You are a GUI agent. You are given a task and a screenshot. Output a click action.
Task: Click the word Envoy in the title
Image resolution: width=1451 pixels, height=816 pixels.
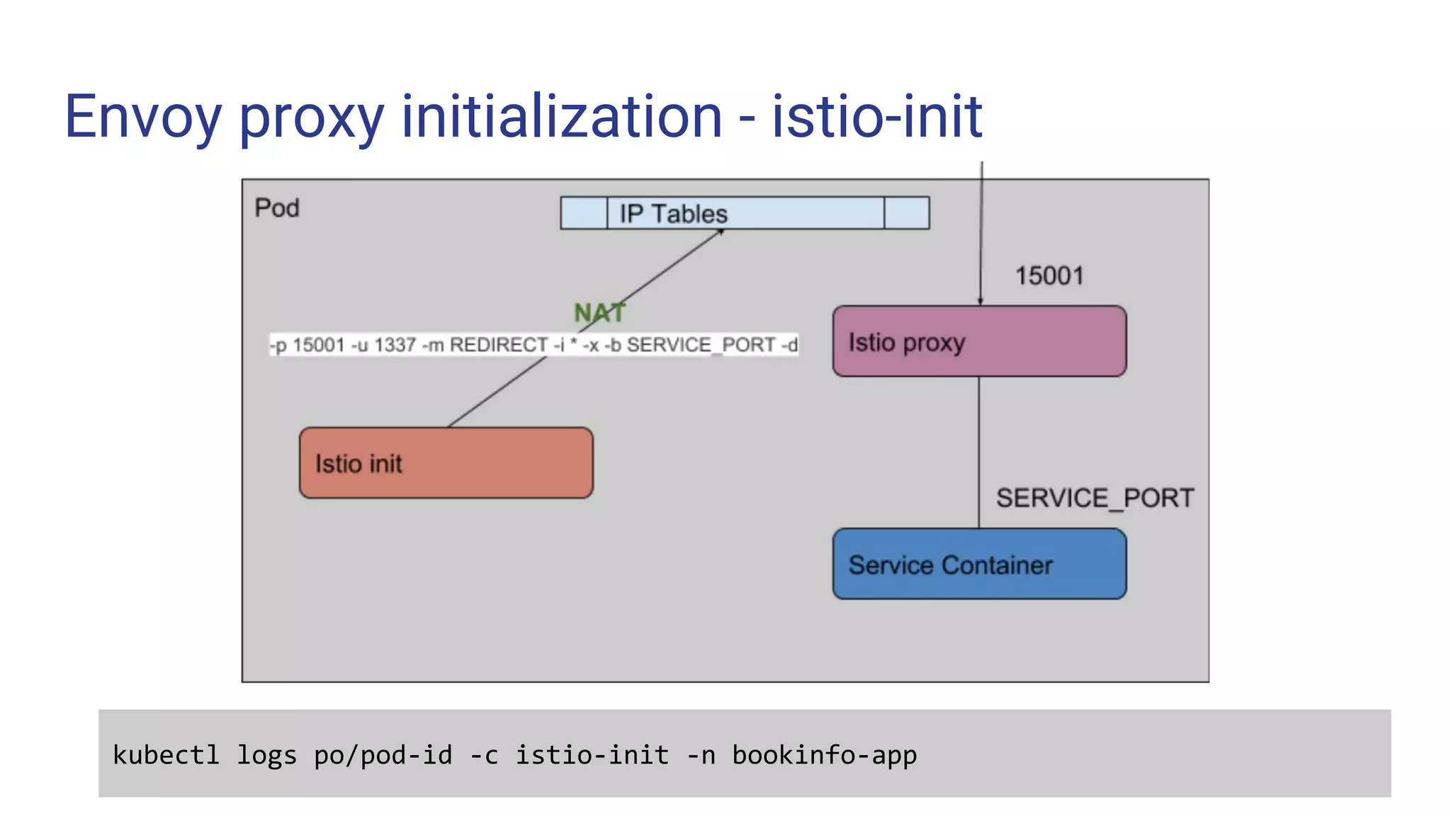pos(142,118)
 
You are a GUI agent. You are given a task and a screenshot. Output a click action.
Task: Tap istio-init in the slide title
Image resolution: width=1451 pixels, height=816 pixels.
pos(876,116)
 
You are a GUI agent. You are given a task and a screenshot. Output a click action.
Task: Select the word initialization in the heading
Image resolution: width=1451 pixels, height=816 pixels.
pos(561,116)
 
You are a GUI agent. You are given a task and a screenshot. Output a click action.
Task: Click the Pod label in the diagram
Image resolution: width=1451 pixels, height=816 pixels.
pos(277,208)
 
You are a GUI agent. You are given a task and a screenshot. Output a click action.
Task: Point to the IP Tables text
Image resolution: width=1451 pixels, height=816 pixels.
pos(673,213)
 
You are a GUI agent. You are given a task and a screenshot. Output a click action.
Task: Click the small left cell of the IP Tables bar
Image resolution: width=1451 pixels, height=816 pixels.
pos(584,213)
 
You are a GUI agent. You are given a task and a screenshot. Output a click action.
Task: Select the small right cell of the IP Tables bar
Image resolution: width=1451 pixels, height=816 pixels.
pos(907,213)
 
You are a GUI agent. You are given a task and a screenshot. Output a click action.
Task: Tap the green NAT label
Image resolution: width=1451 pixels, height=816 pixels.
pos(599,312)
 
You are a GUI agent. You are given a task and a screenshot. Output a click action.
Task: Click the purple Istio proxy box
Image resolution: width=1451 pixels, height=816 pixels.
pos(979,341)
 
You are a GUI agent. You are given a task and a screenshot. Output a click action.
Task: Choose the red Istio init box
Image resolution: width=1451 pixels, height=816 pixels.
pos(446,463)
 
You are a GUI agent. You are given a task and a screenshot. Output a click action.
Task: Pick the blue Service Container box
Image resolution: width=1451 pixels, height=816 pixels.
pos(979,565)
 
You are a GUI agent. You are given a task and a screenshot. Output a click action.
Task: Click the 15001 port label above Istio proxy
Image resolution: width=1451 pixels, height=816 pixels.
pos(1049,276)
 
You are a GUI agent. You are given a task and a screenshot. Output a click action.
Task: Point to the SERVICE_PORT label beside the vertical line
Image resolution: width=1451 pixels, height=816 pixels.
pos(1095,498)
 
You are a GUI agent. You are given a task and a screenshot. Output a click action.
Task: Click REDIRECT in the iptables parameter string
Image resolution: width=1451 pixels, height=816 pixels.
pos(499,345)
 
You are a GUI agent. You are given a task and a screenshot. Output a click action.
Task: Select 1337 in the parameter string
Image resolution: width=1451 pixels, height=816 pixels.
pos(395,345)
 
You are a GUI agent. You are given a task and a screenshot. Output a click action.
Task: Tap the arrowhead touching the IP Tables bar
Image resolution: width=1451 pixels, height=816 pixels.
pos(720,232)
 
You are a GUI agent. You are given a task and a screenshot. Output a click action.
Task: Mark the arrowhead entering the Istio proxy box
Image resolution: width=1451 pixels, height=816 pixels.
pos(981,301)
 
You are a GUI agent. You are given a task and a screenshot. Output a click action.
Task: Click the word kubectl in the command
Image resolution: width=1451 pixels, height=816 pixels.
pos(166,755)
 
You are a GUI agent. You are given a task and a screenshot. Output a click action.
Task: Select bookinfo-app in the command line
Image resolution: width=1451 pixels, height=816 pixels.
pos(824,755)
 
